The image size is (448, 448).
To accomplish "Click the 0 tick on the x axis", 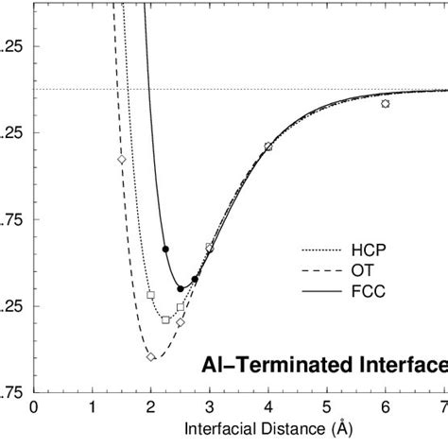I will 34,407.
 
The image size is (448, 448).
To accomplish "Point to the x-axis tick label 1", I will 93,407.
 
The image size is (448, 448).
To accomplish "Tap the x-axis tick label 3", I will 210,407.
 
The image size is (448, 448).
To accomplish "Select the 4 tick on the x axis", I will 268,407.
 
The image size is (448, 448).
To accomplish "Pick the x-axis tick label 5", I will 327,407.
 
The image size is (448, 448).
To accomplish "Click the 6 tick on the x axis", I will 385,407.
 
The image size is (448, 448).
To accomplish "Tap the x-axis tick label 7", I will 442,407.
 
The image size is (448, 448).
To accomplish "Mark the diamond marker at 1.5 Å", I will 122,159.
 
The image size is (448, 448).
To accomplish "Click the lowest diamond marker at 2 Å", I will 151,356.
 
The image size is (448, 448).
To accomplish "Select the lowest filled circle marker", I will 181,288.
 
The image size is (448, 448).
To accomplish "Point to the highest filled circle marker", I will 165,249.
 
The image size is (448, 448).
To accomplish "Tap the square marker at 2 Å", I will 151,295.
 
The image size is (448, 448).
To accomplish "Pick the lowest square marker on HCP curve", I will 165,319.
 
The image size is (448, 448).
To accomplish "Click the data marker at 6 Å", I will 385,103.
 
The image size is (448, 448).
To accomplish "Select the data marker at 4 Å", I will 268,146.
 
